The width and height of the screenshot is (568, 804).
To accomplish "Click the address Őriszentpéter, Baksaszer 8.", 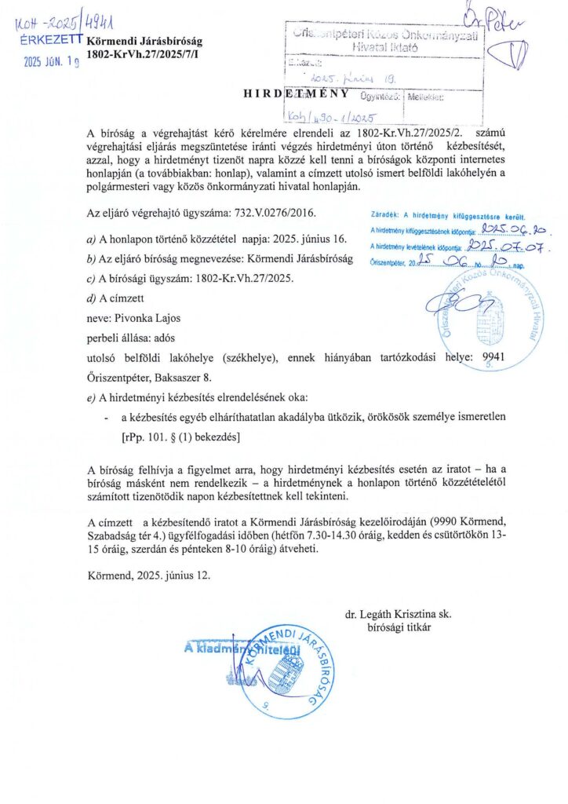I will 149,376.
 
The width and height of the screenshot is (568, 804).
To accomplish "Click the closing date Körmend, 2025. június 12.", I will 149,575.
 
